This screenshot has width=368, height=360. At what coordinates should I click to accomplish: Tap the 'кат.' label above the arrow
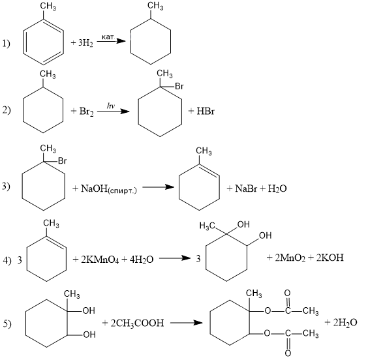click(x=108, y=37)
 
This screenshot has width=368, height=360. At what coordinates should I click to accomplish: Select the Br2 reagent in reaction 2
click(x=86, y=112)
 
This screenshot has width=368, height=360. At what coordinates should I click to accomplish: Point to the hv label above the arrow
click(x=110, y=106)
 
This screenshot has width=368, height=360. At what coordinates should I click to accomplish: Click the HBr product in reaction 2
click(x=205, y=111)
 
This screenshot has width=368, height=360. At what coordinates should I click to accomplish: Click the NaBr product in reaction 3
click(x=246, y=188)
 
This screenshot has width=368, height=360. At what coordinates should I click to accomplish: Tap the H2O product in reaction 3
click(x=277, y=188)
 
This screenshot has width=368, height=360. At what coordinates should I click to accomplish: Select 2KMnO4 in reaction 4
click(x=100, y=260)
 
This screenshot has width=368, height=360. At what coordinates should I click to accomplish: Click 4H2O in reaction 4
click(x=142, y=260)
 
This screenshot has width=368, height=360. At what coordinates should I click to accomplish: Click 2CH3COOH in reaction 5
click(x=137, y=323)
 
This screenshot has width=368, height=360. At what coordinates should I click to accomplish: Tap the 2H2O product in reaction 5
click(x=345, y=322)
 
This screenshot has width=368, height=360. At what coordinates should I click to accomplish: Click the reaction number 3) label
click(x=6, y=187)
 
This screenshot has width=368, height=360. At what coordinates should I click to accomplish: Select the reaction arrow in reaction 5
click(x=186, y=323)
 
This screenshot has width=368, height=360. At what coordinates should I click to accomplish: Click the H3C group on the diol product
click(x=207, y=226)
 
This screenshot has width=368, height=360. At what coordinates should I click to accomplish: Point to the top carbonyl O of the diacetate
click(x=287, y=293)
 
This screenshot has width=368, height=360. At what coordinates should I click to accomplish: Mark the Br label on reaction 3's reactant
click(x=62, y=161)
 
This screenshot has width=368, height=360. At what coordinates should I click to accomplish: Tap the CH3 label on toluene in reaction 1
click(x=48, y=7)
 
